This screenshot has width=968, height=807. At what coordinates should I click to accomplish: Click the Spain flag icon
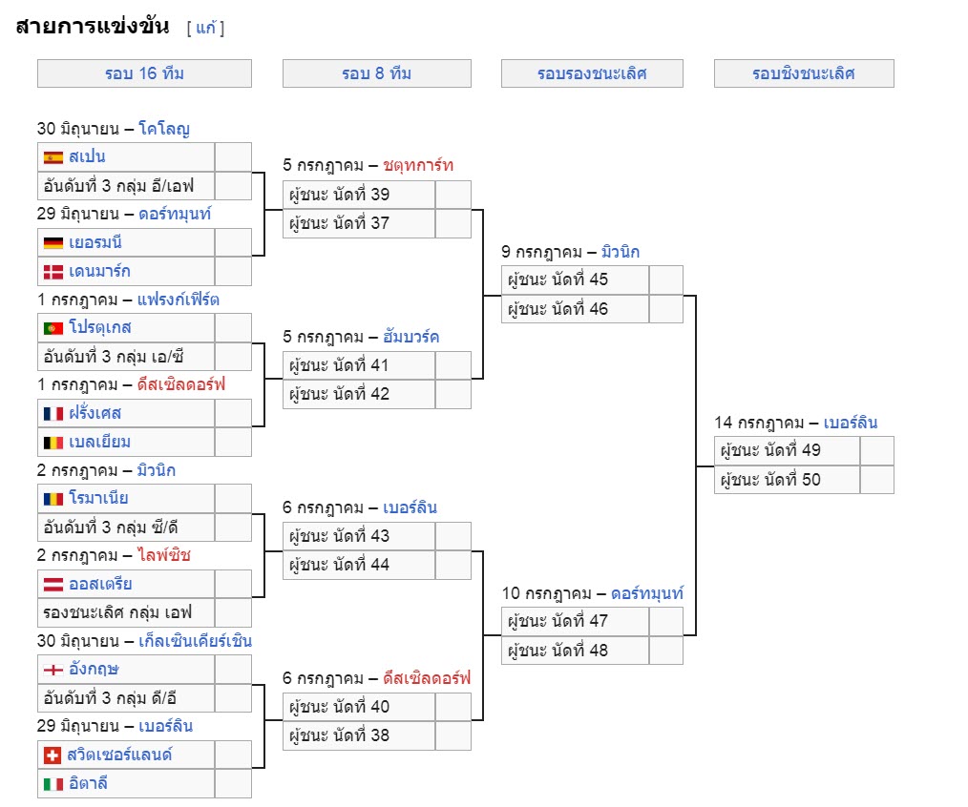click(x=53, y=157)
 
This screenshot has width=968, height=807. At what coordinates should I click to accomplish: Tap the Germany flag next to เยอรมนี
click(x=53, y=243)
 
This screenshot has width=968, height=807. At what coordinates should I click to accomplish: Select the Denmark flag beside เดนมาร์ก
click(x=53, y=272)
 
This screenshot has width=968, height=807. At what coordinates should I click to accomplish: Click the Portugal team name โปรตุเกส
click(x=100, y=327)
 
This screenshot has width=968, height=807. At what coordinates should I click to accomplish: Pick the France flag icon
click(x=53, y=413)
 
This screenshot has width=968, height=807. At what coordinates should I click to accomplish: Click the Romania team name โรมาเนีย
click(x=98, y=498)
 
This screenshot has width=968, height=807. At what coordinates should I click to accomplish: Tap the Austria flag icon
click(x=53, y=585)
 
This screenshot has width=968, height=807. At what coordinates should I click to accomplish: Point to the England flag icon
click(x=53, y=670)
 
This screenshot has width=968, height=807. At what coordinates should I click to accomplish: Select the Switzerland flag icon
click(x=53, y=755)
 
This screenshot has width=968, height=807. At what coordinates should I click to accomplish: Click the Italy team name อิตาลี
click(x=88, y=783)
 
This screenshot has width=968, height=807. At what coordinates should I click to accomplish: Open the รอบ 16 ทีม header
click(x=144, y=73)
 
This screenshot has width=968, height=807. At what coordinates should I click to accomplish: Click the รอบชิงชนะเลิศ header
click(x=804, y=73)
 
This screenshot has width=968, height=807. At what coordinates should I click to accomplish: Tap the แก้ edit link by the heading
click(x=206, y=28)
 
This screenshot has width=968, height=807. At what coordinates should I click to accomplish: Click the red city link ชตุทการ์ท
click(x=418, y=165)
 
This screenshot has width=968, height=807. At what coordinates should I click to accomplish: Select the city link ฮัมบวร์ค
click(x=411, y=337)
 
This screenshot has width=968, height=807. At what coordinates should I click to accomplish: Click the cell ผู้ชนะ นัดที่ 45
click(x=575, y=280)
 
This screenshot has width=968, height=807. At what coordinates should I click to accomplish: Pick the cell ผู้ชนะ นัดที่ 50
click(x=787, y=480)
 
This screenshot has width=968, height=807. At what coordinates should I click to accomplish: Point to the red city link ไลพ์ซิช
click(x=164, y=555)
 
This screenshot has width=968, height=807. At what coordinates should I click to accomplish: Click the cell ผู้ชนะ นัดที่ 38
click(x=359, y=735)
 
